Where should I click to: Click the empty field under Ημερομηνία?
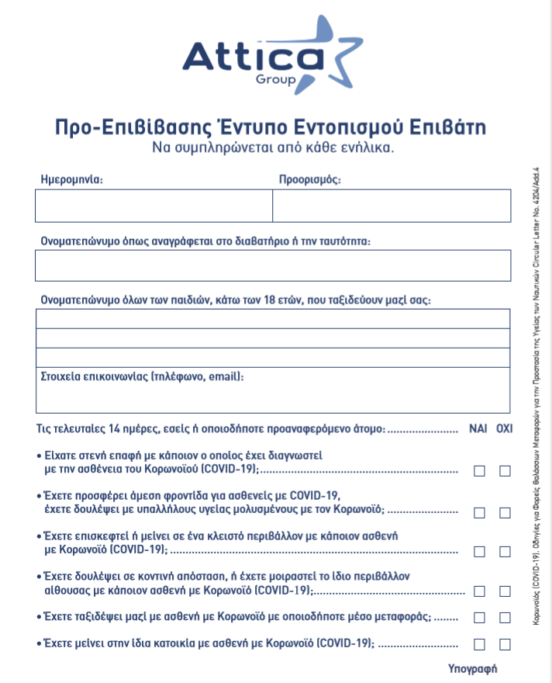(x=154, y=206)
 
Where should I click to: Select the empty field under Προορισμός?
(x=392, y=206)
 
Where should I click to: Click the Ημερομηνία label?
(x=71, y=179)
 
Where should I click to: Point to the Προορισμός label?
(x=310, y=179)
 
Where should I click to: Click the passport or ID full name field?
(x=273, y=265)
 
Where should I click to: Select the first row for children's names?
(x=273, y=319)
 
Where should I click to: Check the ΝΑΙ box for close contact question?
(x=480, y=470)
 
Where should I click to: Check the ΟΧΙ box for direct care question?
(x=505, y=512)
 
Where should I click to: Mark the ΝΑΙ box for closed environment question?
(x=480, y=552)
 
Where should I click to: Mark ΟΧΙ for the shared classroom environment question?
(x=505, y=591)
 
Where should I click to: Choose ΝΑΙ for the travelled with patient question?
(x=480, y=618)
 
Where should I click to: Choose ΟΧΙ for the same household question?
(x=505, y=644)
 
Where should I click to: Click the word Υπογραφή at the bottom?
(x=472, y=668)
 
